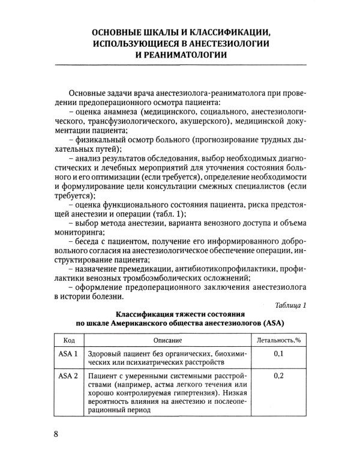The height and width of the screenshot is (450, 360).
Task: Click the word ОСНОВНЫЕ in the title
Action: [118, 31]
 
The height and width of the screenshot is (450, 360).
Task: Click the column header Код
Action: [69, 340]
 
